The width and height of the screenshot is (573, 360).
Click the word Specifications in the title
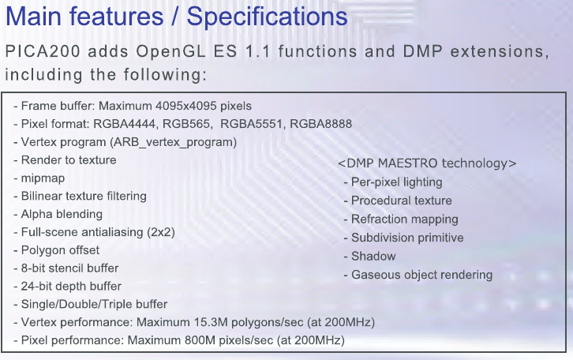click(x=267, y=17)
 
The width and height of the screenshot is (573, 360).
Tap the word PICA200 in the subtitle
click(x=43, y=51)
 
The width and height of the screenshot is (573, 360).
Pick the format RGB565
click(x=187, y=124)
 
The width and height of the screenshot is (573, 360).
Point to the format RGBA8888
click(x=321, y=124)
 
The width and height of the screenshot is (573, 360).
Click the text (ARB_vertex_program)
click(x=173, y=142)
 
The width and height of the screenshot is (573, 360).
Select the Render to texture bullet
click(x=69, y=160)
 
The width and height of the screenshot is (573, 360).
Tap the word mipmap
click(x=43, y=178)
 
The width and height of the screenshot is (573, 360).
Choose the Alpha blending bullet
click(x=62, y=214)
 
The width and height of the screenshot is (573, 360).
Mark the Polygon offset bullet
click(x=60, y=250)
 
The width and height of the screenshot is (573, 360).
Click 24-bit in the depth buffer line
click(x=36, y=286)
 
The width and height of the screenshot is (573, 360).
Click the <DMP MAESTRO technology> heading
click(x=427, y=163)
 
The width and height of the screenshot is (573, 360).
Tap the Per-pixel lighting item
click(x=396, y=182)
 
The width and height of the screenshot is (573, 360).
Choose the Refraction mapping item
click(x=405, y=219)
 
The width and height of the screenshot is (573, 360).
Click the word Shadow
click(x=373, y=257)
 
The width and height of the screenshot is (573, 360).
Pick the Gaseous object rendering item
click(x=421, y=275)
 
